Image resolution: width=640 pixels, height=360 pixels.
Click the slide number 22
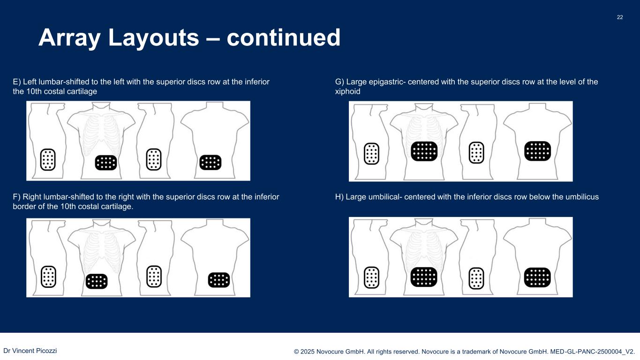[x=619, y=17]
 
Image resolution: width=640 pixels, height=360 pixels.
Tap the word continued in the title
[x=283, y=37]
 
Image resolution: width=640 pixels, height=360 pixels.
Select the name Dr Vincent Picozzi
[x=30, y=351]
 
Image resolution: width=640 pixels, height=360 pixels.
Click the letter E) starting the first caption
[x=17, y=82]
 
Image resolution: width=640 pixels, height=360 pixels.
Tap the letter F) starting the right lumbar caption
[x=17, y=197]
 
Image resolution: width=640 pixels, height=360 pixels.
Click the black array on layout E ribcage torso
[x=105, y=163]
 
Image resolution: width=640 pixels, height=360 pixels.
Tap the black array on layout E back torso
[x=210, y=162]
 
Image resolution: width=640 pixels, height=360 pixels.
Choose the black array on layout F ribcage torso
[x=97, y=281]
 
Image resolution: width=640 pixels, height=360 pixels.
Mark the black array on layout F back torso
[x=218, y=280]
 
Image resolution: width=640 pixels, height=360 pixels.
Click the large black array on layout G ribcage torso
[x=424, y=151]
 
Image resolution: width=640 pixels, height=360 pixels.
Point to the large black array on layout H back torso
[x=537, y=277]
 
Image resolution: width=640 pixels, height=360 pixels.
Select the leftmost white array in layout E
[x=48, y=159]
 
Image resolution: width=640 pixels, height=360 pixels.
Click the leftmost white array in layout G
[x=371, y=153]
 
